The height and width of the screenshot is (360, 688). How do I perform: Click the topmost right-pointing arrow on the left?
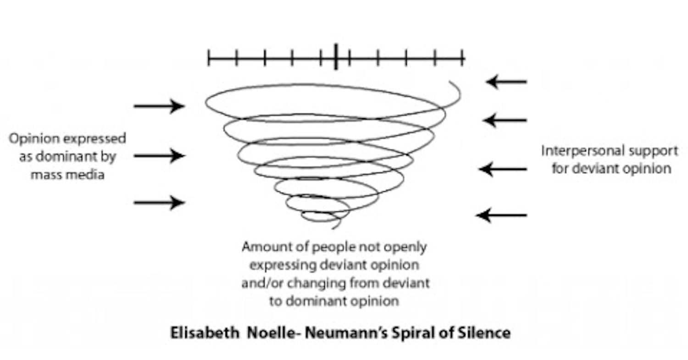159,106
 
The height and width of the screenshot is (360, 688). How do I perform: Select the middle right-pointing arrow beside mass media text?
159,155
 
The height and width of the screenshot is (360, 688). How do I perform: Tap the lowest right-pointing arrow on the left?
159,202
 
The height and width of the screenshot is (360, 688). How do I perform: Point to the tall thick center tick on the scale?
336,57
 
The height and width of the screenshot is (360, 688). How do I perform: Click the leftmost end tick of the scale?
209,58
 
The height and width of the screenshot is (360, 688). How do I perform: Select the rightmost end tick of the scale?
464,58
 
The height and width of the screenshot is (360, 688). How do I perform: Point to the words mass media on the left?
67,175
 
